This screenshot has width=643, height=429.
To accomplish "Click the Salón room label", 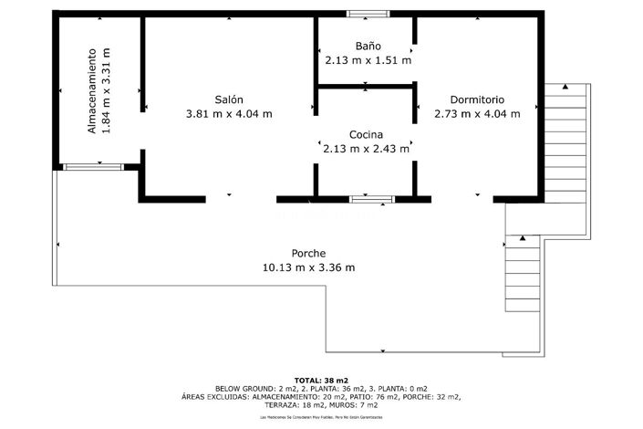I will (x=229, y=99).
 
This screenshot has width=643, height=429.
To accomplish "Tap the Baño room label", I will (x=368, y=46).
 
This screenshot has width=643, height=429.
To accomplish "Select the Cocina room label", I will (x=365, y=134).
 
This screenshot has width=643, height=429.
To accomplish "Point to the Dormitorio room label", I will (x=476, y=99).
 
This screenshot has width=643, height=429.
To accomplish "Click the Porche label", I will (x=308, y=253).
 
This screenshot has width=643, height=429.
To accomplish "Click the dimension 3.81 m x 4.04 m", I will (x=229, y=114).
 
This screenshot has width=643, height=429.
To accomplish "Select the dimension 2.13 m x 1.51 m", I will (x=368, y=60).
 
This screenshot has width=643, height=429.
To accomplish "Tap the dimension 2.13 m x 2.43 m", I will (x=366, y=149).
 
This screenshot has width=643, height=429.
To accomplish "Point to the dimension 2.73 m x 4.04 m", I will (x=476, y=114).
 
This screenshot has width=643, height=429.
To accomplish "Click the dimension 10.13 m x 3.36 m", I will (x=308, y=267).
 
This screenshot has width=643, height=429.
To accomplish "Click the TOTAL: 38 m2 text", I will (x=321, y=380).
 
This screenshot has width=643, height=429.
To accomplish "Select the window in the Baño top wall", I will (x=366, y=15).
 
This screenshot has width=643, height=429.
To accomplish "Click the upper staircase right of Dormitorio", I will (x=565, y=137).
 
